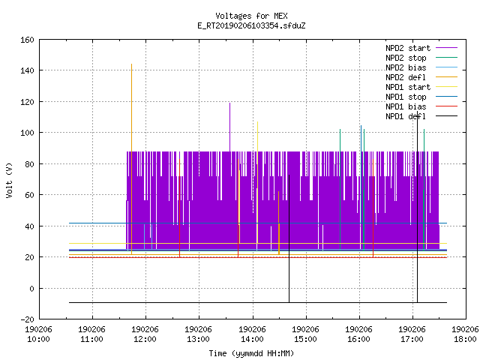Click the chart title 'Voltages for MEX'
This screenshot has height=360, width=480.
(251, 16)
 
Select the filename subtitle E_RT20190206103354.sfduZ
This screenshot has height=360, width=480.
(251, 25)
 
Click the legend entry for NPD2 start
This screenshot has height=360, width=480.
(408, 48)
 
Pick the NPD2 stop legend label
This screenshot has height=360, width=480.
(406, 58)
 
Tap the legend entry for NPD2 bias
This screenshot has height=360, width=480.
(406, 67)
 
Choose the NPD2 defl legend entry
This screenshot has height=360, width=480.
(406, 77)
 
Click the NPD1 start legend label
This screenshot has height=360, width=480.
(408, 87)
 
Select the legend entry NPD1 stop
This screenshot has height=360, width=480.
(406, 97)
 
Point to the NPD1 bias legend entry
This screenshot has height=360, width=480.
(406, 106)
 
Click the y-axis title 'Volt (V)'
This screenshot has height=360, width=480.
(9, 180)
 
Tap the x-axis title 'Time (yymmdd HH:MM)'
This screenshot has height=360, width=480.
(251, 353)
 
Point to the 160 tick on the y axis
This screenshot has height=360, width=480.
(27, 40)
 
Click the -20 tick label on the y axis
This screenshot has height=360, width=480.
(27, 319)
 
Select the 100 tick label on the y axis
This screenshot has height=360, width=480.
(27, 133)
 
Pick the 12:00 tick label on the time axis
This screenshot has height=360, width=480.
(145, 334)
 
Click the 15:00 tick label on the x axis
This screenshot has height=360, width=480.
(305, 334)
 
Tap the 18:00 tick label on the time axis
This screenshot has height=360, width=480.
(465, 334)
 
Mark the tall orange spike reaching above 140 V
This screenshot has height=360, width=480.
(132, 159)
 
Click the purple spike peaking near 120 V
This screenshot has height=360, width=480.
(230, 127)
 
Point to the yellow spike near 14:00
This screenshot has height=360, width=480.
(258, 182)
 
